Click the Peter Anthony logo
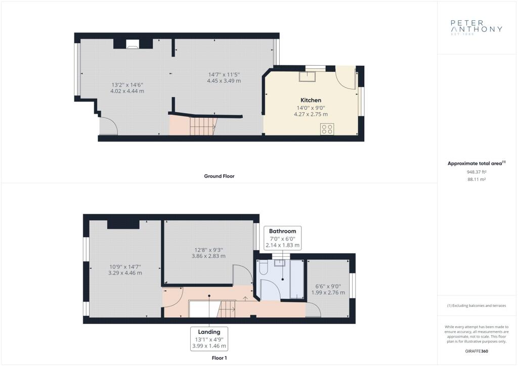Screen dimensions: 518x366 [x=477, y=27]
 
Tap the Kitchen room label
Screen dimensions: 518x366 [x=311, y=100]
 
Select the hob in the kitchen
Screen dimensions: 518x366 [x=327, y=129]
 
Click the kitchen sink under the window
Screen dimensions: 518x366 [x=307, y=76]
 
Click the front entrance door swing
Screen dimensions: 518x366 [x=108, y=126]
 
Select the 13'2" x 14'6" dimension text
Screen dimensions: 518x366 [x=127, y=88]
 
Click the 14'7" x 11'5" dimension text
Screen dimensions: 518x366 [x=224, y=78]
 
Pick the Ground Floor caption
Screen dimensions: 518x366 [x=219, y=176]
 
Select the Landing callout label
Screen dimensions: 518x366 [x=209, y=339]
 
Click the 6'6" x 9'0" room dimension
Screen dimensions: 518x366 [x=328, y=290]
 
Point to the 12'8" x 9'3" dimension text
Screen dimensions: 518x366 [x=208, y=253]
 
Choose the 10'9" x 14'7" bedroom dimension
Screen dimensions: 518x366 [x=125, y=270]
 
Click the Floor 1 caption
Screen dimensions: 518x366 [x=220, y=358]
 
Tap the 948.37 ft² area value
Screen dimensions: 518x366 [x=477, y=172]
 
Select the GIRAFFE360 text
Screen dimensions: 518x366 [x=477, y=351]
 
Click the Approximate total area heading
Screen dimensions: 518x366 [x=477, y=163]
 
